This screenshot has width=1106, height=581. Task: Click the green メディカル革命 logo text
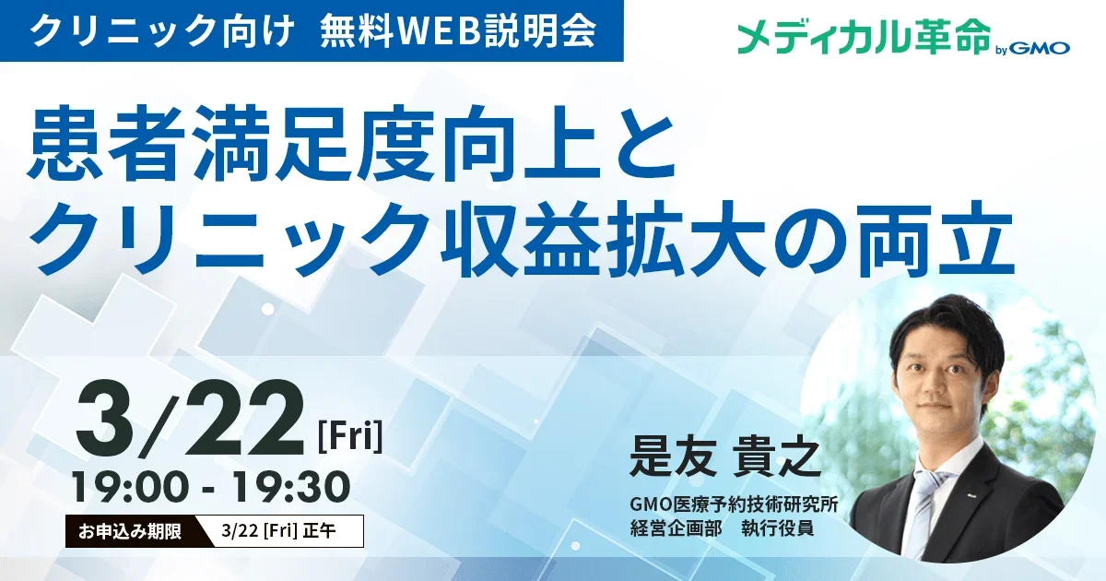(863, 37)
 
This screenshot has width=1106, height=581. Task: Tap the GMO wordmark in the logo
(1041, 48)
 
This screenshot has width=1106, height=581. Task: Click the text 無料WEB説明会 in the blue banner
(457, 31)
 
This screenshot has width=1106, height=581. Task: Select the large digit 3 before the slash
(106, 419)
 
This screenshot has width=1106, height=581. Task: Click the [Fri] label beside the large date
(350, 435)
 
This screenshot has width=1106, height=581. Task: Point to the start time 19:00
(131, 487)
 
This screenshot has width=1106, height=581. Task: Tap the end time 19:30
(292, 487)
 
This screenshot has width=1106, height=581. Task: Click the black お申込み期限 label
(130, 531)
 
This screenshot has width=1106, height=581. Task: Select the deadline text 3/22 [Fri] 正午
(278, 531)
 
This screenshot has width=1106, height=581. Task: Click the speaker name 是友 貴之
(724, 458)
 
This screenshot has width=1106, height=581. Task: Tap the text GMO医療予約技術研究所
(734, 505)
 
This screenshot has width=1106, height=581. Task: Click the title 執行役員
(778, 528)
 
